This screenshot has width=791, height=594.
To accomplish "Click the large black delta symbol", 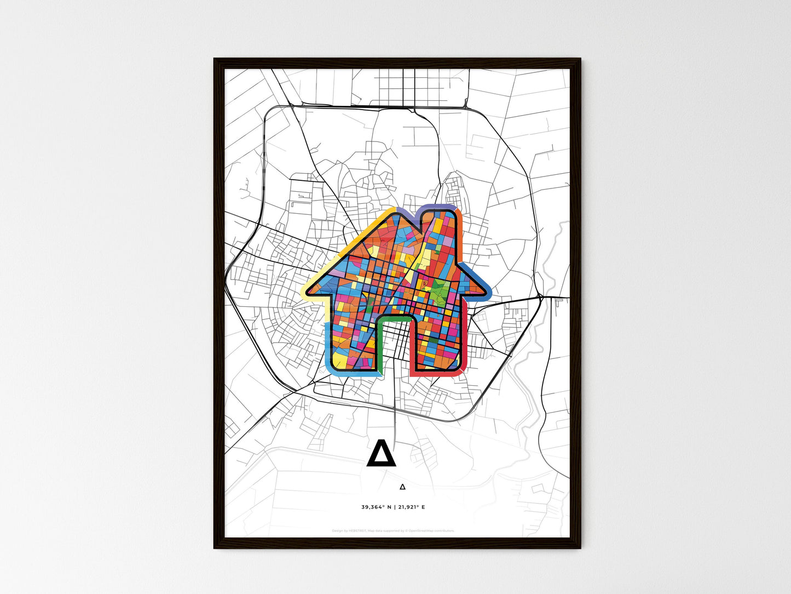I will (x=381, y=454).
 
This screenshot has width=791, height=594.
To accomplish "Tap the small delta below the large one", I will (x=402, y=486).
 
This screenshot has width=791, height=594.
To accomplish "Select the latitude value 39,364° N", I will (x=376, y=507).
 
